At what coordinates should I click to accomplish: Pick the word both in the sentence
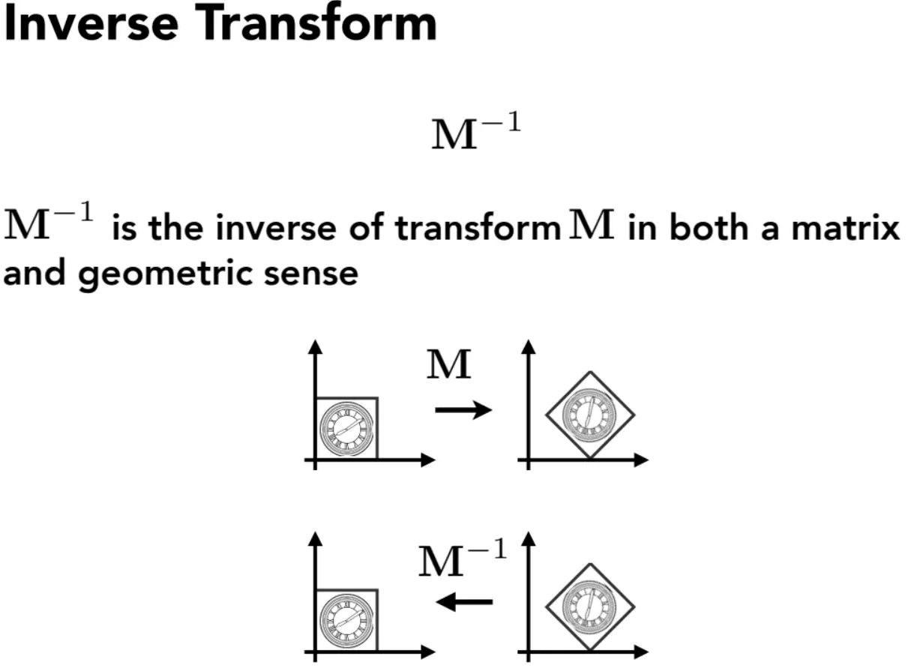(x=709, y=226)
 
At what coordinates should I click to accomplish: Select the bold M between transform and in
(x=592, y=223)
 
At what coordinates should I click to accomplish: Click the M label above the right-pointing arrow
(x=448, y=364)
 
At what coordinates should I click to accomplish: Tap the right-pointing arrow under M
(x=463, y=410)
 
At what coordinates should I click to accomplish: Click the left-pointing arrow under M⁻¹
(x=463, y=602)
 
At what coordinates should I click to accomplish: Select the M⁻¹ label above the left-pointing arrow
(x=463, y=558)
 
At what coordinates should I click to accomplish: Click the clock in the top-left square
(x=346, y=428)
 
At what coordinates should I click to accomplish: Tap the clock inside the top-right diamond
(x=589, y=415)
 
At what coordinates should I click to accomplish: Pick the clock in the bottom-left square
(x=346, y=620)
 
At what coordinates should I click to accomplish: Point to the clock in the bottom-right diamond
(x=589, y=607)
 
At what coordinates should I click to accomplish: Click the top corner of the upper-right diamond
(x=590, y=372)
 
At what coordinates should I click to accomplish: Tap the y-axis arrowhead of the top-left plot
(x=315, y=347)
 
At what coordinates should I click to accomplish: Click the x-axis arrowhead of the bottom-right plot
(x=641, y=652)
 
